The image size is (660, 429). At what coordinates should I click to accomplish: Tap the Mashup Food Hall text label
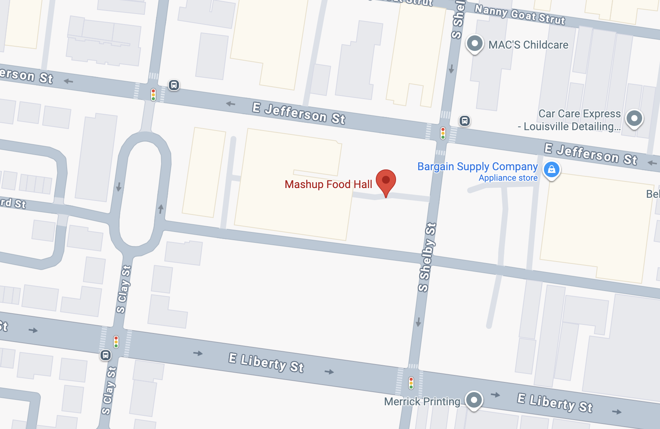[x=328, y=184]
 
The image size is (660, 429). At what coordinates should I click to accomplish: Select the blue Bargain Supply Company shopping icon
[x=551, y=169]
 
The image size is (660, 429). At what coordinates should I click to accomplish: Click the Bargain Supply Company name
[x=477, y=166]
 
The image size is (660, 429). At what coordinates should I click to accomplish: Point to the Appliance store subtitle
[x=508, y=178]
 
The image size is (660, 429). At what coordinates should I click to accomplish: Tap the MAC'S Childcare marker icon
[x=474, y=43]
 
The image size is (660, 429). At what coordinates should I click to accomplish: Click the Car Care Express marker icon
[x=634, y=118]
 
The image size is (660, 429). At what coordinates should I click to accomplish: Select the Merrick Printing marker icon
[x=474, y=400]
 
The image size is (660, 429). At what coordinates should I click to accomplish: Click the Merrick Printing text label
[x=422, y=401]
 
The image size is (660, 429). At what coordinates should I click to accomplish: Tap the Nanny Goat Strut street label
[x=520, y=14]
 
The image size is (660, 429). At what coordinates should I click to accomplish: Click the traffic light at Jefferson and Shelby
[x=443, y=133]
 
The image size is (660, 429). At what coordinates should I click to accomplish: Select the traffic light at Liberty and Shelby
[x=411, y=383]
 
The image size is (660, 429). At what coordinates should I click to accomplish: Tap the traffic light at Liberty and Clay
[x=116, y=342]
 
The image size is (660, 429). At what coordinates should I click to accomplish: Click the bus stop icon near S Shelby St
[x=464, y=121]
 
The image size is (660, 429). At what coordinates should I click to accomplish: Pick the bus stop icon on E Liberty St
[x=106, y=355]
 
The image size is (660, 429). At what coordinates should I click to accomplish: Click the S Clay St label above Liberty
[x=123, y=289]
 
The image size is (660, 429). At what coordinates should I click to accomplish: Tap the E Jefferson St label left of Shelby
[x=299, y=113]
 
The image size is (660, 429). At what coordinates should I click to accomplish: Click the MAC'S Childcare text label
[x=528, y=45]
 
